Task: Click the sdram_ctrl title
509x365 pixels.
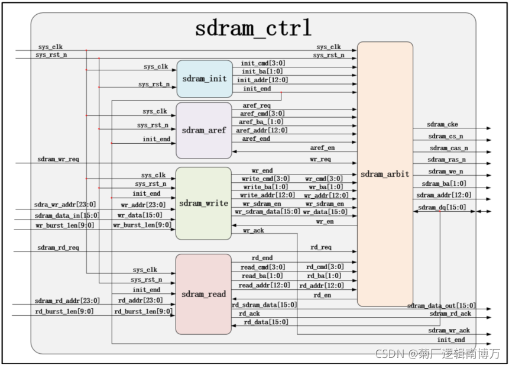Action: pos(253,28)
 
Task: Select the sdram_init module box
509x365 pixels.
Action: pos(205,79)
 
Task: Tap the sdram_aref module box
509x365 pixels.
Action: pos(204,130)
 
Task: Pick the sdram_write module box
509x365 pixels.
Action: pos(204,204)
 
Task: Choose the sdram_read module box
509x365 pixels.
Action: pos(203,294)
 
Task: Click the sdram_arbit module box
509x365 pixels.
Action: pos(385,174)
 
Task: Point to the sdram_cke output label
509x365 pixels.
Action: pos(443,124)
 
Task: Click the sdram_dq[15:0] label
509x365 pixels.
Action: pos(442,208)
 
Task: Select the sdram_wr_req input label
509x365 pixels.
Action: pos(58,159)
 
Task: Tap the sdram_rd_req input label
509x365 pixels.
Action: pos(58,247)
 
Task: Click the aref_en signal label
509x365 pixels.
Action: pos(322,147)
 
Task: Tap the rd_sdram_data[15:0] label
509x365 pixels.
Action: pos(264,305)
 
